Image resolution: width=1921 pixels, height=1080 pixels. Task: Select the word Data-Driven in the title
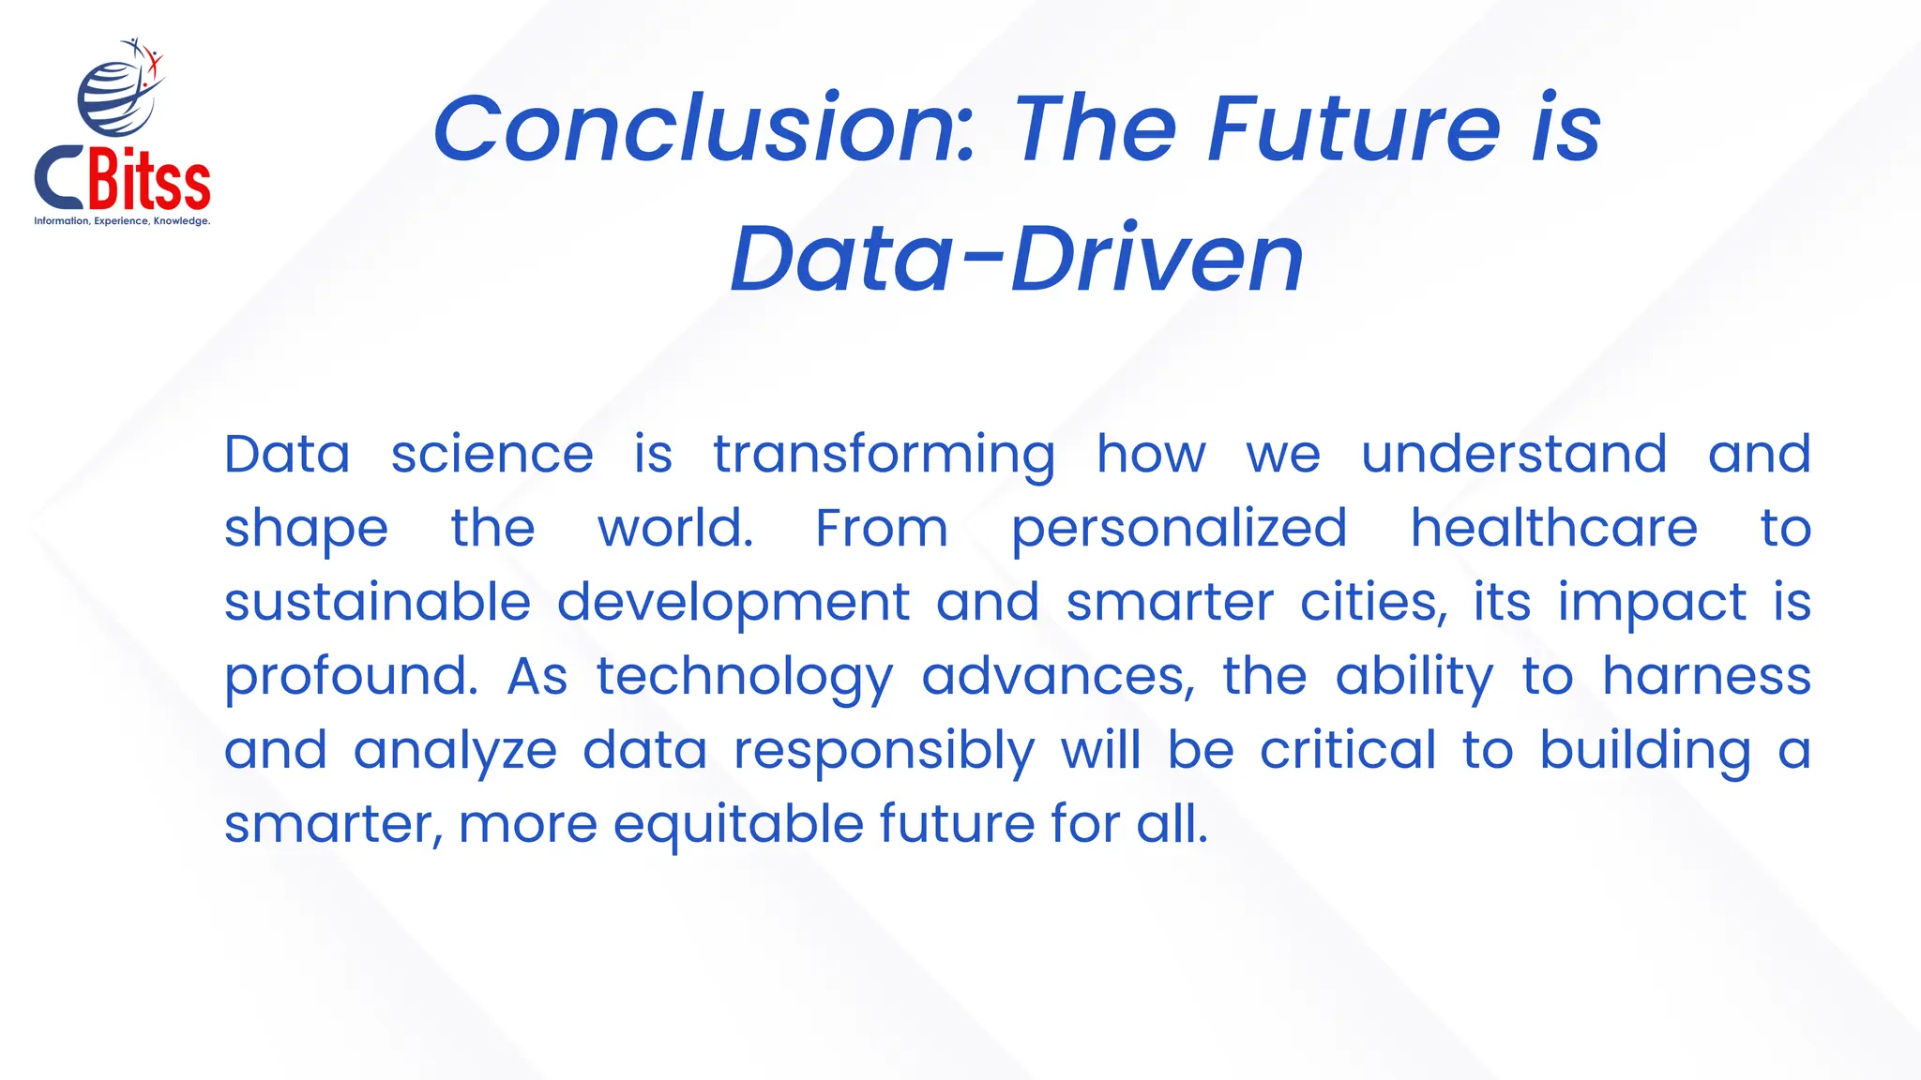click(1017, 259)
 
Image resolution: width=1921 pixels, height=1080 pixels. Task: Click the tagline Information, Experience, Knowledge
click(122, 221)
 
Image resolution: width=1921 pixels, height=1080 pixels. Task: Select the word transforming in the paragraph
click(884, 456)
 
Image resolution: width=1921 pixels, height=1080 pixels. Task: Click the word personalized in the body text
click(1179, 529)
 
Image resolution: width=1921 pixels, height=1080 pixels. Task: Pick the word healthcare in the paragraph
click(1553, 528)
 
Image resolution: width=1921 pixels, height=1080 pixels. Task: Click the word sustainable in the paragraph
click(377, 602)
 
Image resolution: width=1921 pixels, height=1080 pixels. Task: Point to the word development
click(733, 604)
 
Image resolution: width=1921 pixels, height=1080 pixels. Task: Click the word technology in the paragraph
click(745, 678)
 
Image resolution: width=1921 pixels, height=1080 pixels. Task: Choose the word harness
click(1705, 676)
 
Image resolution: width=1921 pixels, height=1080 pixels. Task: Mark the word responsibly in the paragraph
click(884, 752)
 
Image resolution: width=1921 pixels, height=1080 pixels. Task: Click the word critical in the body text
click(1347, 750)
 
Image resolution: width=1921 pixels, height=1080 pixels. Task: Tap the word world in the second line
click(675, 528)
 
